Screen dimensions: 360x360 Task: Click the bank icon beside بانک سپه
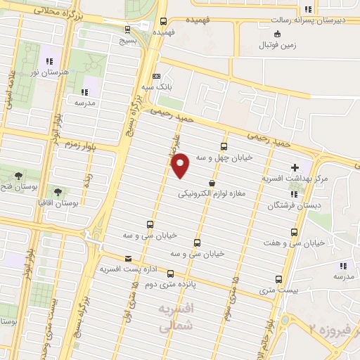click(x=156, y=76)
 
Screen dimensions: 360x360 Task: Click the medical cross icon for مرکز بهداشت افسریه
click(x=294, y=168)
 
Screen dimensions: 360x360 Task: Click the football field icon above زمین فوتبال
click(x=278, y=33)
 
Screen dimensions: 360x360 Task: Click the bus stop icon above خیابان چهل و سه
click(x=224, y=147)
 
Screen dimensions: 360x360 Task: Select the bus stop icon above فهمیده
click(x=163, y=21)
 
